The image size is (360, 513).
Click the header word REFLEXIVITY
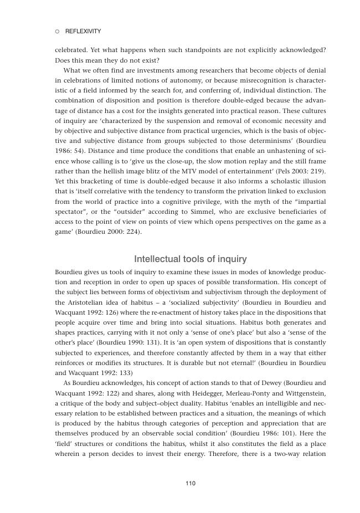pyautogui.click(x=83, y=32)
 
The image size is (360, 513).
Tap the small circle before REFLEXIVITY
pyautogui.click(x=57, y=32)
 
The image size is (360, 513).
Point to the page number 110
pyautogui.click(x=191, y=483)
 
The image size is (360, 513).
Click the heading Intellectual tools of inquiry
pyautogui.click(x=191, y=259)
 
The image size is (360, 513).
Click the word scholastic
pyautogui.click(x=280, y=181)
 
